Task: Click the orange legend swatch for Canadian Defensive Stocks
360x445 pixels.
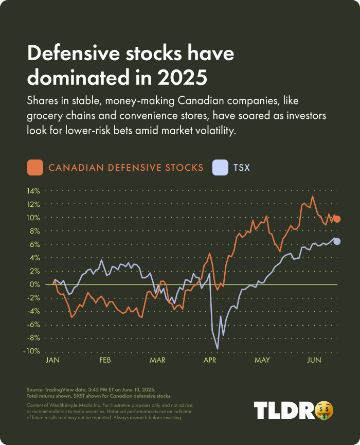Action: pyautogui.click(x=35, y=167)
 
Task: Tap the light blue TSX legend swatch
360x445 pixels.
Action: pyautogui.click(x=220, y=167)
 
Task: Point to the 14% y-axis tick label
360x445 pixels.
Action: pyautogui.click(x=33, y=191)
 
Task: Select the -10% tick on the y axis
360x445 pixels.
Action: pyautogui.click(x=32, y=351)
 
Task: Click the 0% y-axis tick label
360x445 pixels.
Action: pyautogui.click(x=35, y=284)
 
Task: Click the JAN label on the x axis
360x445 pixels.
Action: pyautogui.click(x=53, y=360)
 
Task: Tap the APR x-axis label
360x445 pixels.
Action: pyautogui.click(x=209, y=360)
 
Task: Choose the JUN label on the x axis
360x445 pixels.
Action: pyautogui.click(x=314, y=360)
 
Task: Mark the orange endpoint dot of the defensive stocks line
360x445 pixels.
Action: pyautogui.click(x=337, y=219)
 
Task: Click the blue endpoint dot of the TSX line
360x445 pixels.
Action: pyautogui.click(x=337, y=241)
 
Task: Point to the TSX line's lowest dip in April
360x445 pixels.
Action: pyautogui.click(x=217, y=349)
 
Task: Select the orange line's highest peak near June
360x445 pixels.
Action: pyautogui.click(x=313, y=196)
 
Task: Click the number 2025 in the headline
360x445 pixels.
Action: pyautogui.click(x=183, y=78)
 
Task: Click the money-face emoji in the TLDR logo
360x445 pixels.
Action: pyautogui.click(x=324, y=410)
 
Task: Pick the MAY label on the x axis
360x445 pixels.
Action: pyautogui.click(x=262, y=360)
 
